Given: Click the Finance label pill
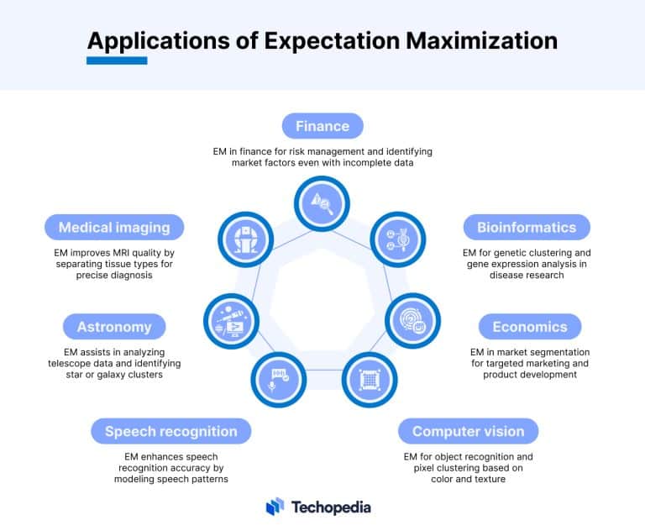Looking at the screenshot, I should (x=322, y=126).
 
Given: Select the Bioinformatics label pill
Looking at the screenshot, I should (x=527, y=227).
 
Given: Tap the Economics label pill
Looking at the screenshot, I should (x=530, y=327).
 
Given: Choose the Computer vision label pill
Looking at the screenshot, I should (x=468, y=431).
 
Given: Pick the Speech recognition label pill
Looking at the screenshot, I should (x=170, y=431).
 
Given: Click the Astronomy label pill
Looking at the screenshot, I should (x=114, y=327).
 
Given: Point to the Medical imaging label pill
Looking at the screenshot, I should (x=114, y=227).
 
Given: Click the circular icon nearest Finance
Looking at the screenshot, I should (x=322, y=202).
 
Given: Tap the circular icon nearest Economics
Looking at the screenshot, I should (x=411, y=318).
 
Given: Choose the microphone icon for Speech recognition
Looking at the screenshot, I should (x=275, y=377).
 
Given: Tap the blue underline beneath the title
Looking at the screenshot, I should (x=117, y=60).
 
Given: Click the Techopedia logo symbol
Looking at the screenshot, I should (x=275, y=507).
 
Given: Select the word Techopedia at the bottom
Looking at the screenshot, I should (x=331, y=507).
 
